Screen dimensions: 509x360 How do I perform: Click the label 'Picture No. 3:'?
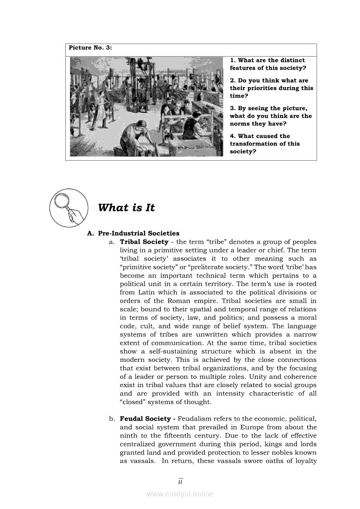pyautogui.click(x=90, y=48)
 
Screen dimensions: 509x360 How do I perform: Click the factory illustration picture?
pyautogui.click(x=146, y=106)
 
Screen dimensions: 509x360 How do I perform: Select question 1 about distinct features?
pyautogui.click(x=268, y=64)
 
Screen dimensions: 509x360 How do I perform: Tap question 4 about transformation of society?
pyautogui.click(x=265, y=144)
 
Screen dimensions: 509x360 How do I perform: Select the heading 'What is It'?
pyautogui.click(x=126, y=208)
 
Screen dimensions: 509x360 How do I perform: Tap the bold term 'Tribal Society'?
pyautogui.click(x=144, y=242)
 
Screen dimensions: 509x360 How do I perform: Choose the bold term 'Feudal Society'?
pyautogui.click(x=145, y=419)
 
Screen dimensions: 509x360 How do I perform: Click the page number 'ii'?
pyautogui.click(x=180, y=481)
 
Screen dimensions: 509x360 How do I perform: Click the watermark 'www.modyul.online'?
pyautogui.click(x=180, y=494)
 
